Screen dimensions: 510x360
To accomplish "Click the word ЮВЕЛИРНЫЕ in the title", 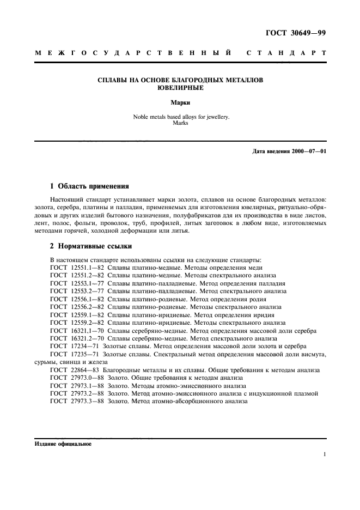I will click(180, 88).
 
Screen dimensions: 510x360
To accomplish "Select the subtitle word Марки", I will click(180, 102).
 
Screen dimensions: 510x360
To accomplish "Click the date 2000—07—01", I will click(307, 150).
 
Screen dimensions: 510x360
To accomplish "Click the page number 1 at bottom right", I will click(324, 454).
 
